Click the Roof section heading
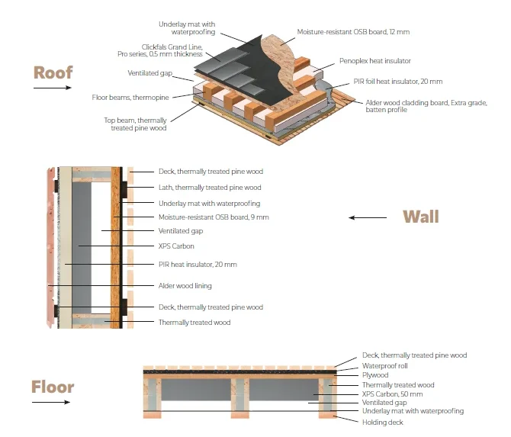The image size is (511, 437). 53,72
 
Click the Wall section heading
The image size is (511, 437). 420,217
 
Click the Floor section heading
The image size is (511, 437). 53,387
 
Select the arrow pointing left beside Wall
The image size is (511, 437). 368,218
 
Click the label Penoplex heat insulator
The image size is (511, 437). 374,60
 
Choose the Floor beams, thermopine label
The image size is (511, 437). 141,97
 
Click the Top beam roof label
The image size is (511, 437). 137,124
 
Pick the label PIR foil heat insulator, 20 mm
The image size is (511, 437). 387,82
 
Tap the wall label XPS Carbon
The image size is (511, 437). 176,246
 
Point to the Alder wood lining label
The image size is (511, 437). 185,286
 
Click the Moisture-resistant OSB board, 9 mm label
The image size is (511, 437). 214,217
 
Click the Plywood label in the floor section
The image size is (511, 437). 375,375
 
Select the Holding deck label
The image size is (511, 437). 383,422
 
